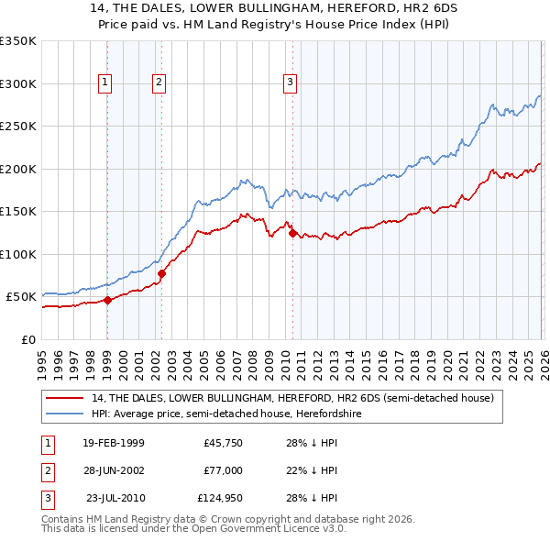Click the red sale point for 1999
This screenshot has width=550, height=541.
(107, 300)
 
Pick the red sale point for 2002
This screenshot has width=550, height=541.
(161, 273)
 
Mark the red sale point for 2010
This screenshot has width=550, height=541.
(292, 233)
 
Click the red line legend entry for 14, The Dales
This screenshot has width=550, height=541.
(292, 398)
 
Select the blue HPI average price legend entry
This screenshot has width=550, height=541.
(256, 414)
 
